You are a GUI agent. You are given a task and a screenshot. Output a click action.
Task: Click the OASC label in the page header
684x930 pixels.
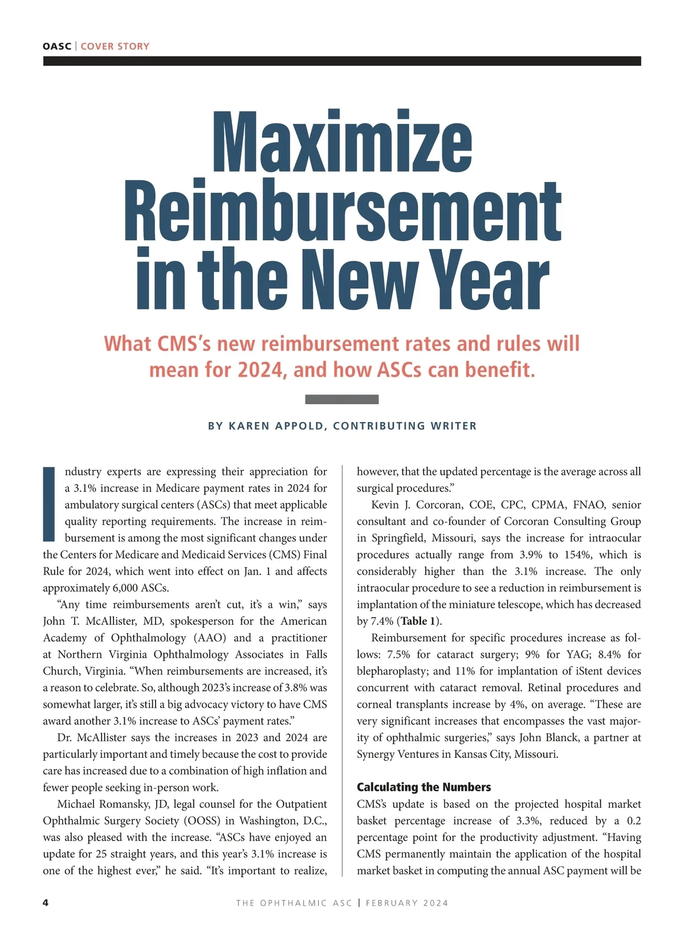tap(57, 46)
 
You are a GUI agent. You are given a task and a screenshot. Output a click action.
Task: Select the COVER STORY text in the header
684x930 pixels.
tap(115, 46)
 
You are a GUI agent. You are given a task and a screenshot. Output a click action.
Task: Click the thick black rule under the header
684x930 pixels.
tap(342, 61)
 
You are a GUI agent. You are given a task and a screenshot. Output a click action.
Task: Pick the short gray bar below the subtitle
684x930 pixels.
tap(342, 399)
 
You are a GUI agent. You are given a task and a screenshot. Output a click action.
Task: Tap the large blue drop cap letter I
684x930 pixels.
tap(50, 504)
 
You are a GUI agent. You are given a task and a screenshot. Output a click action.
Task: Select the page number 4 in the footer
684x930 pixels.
tap(46, 903)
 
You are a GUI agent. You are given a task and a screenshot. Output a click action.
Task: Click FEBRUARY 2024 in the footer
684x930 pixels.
tap(407, 903)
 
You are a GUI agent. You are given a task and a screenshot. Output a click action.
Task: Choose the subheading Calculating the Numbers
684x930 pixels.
tap(424, 787)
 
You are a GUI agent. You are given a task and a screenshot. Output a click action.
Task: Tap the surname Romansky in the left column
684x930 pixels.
tap(121, 804)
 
